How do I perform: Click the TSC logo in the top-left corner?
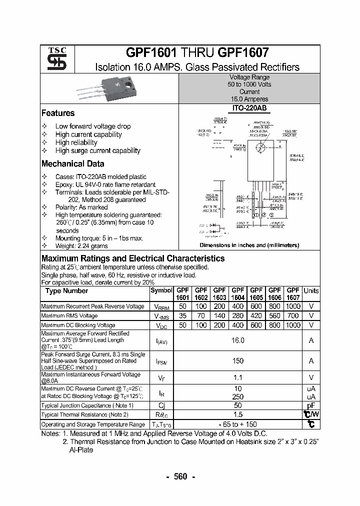[53, 59]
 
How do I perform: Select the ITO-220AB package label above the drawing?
[249, 108]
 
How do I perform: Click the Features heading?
[58, 113]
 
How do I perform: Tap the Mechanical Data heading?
[72, 163]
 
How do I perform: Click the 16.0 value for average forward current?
[237, 340]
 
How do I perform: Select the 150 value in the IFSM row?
[237, 360]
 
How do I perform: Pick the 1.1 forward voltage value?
[237, 378]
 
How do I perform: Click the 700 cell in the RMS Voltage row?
[293, 315]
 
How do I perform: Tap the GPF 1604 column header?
[237, 293]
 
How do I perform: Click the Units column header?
[311, 290]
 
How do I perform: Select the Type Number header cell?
[66, 290]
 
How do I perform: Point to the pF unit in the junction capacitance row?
[311, 405]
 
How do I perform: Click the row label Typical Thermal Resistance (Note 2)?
[85, 414]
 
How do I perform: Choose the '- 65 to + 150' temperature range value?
[237, 424]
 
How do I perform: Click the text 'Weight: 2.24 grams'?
[81, 246]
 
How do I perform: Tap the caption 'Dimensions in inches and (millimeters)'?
[249, 245]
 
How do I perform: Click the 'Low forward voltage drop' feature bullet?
[92, 126]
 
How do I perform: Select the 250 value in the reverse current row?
[237, 396]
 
